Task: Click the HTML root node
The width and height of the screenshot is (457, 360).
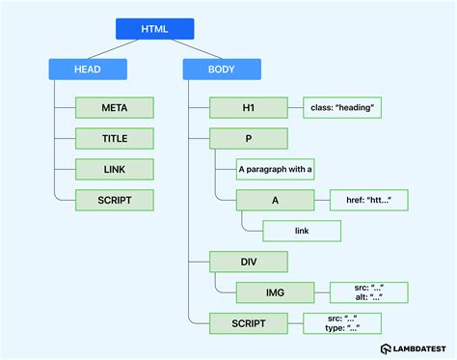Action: pyautogui.click(x=154, y=29)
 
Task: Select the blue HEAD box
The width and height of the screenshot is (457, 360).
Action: pyautogui.click(x=87, y=69)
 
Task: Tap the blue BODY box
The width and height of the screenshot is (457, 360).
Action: pyautogui.click(x=221, y=69)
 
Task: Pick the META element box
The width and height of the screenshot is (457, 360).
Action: pyautogui.click(x=115, y=106)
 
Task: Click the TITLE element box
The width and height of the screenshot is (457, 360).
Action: pyautogui.click(x=115, y=137)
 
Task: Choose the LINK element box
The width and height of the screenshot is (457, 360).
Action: pyautogui.click(x=115, y=169)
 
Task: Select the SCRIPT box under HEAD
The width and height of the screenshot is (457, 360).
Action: pyautogui.click(x=115, y=200)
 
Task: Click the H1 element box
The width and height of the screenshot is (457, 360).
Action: pyautogui.click(x=249, y=106)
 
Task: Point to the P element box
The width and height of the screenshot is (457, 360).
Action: pyautogui.click(x=249, y=137)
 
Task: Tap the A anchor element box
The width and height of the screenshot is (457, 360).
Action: pyautogui.click(x=276, y=200)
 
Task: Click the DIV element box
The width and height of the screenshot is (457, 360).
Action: pyautogui.click(x=249, y=262)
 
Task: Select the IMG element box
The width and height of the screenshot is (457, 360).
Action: pyautogui.click(x=276, y=292)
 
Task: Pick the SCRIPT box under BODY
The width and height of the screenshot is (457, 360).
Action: pyautogui.click(x=249, y=323)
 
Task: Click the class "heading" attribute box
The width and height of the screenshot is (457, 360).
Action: pyautogui.click(x=340, y=106)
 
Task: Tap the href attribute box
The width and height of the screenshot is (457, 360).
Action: pyautogui.click(x=368, y=200)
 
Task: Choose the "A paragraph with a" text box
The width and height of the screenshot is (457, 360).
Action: pyautogui.click(x=276, y=169)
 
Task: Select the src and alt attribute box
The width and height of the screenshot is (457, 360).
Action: pyautogui.click(x=368, y=292)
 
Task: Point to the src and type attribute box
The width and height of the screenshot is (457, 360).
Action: pyautogui.click(x=340, y=323)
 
